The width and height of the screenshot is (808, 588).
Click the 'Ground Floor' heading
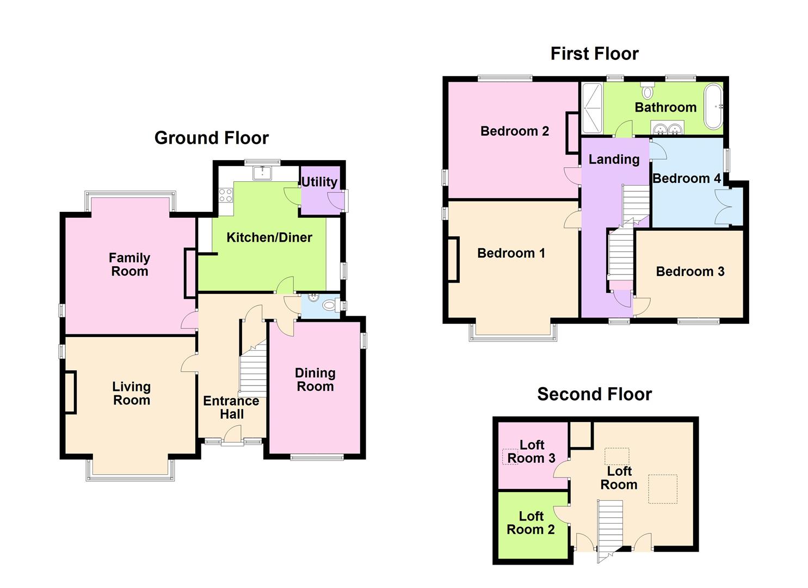point(211,138)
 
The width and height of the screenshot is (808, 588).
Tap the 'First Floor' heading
point(594,53)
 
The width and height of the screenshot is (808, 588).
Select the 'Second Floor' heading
point(594,394)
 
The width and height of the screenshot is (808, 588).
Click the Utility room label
point(319,182)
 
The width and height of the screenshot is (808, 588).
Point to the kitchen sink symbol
point(262,173)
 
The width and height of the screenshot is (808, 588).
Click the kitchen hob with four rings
point(226,194)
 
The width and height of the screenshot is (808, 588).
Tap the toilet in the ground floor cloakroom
point(329,305)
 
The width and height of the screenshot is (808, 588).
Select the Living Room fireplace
point(70,392)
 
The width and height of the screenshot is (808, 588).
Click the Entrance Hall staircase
point(253,370)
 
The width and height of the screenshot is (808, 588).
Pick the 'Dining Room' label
point(314,379)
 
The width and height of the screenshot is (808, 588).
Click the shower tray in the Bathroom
point(592,108)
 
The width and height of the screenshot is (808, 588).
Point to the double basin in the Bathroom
point(667,129)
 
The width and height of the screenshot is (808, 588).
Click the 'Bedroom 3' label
point(690,271)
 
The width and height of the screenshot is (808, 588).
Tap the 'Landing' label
point(614,159)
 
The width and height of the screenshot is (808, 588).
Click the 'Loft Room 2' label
point(531,523)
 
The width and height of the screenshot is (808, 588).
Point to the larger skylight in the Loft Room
point(662,488)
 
